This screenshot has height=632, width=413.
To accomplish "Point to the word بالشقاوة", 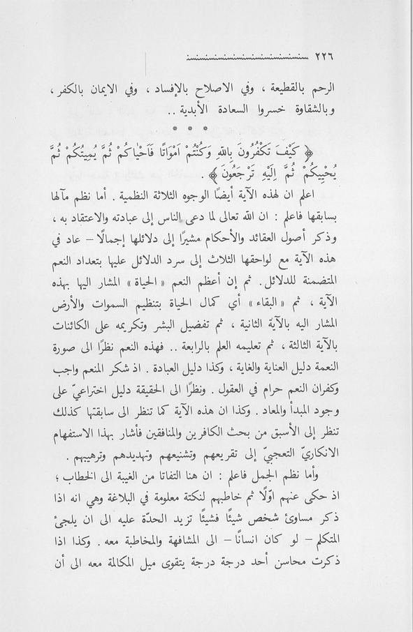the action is [353, 113].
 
